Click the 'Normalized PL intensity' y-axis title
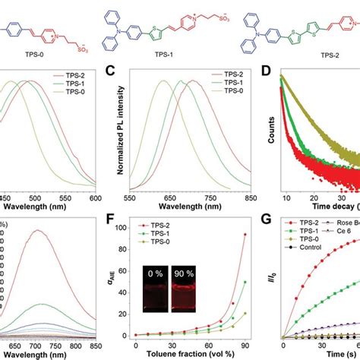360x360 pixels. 120,129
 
